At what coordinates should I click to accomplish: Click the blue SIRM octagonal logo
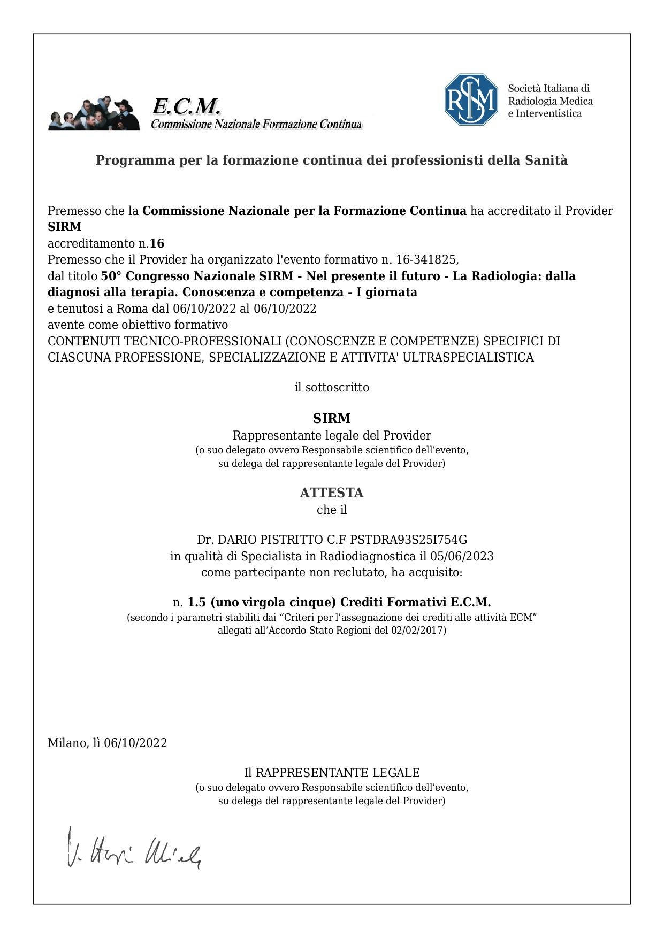point(471,100)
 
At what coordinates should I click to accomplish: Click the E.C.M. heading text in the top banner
point(186,106)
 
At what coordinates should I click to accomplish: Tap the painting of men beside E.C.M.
point(94,114)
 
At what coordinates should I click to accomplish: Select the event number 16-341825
point(426,260)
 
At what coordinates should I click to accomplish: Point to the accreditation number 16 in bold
point(157,244)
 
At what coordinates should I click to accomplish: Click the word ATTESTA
point(332,493)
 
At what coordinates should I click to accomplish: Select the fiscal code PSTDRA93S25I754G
point(408,540)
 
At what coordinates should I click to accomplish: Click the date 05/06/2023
point(462,557)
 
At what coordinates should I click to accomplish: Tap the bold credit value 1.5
point(196,603)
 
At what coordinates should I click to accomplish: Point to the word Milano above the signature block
point(67,743)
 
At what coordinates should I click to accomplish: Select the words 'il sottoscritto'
point(332,387)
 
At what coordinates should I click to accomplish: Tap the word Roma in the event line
point(132,309)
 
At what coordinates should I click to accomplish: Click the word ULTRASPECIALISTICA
point(468,357)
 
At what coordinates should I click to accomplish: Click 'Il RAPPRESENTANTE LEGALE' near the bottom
point(332,773)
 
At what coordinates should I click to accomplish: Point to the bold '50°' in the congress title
point(111,276)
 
